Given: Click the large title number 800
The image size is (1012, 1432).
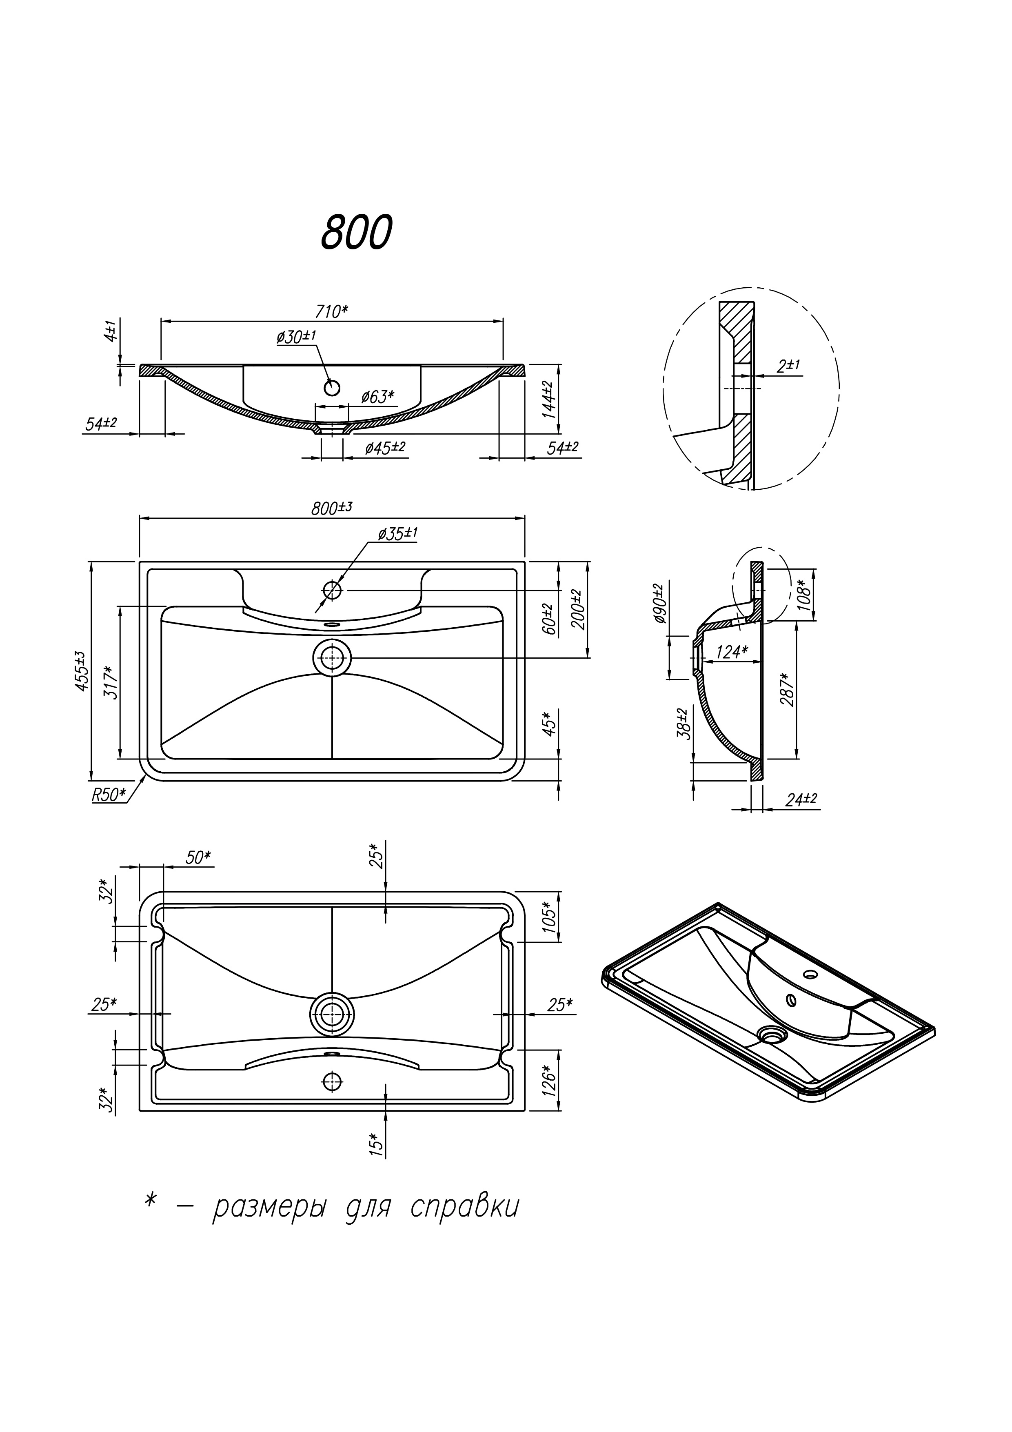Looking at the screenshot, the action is click(x=356, y=232).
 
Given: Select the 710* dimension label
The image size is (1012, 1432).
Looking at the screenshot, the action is click(x=332, y=311).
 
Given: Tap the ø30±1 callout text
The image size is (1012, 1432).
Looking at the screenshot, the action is click(x=296, y=336).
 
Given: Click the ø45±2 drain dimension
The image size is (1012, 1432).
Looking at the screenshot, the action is click(x=385, y=447).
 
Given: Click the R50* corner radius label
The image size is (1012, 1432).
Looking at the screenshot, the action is click(x=109, y=795).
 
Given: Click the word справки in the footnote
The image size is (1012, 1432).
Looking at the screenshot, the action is click(x=464, y=1208).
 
